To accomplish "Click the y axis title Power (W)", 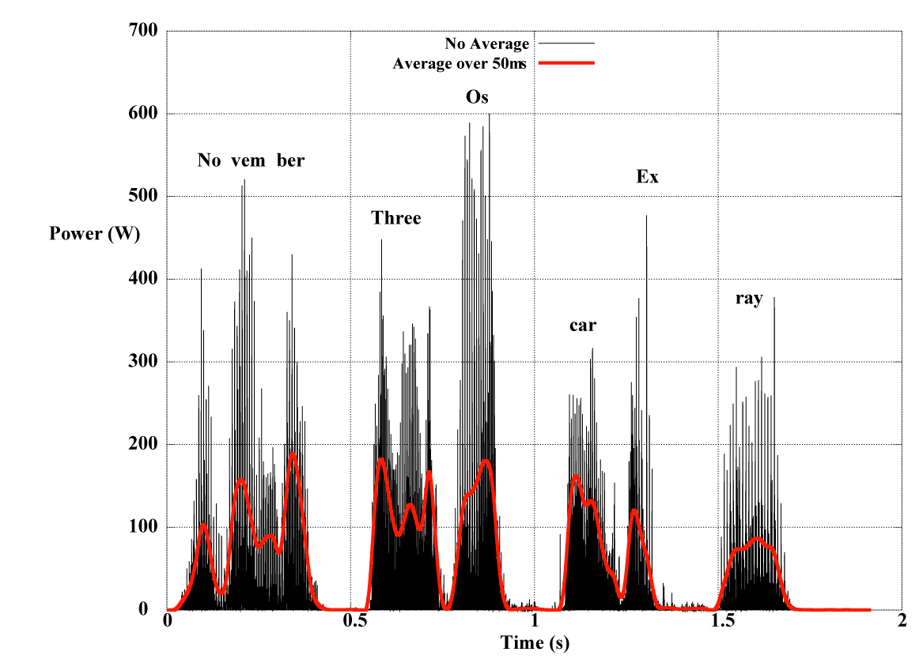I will [95, 234].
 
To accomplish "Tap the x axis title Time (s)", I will [535, 642].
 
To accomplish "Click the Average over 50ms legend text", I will [460, 63].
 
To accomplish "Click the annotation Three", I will [396, 218].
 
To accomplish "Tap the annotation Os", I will [478, 98].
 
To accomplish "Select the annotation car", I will [583, 325].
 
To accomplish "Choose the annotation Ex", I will [647, 177].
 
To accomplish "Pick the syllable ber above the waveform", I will [290, 160].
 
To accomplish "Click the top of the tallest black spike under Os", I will [489, 115].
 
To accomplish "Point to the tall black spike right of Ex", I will [646, 217].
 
